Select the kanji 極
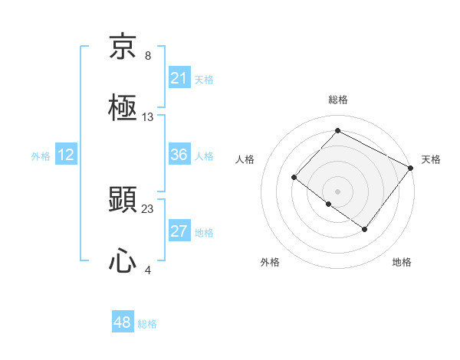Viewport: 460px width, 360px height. click(x=123, y=108)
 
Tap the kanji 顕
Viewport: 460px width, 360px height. click(x=123, y=200)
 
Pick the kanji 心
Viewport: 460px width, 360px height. click(x=123, y=261)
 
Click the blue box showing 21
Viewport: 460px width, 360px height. click(x=179, y=78)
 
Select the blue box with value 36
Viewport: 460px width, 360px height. click(x=179, y=155)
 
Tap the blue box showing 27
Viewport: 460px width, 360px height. click(x=179, y=231)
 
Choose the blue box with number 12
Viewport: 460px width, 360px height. click(x=65, y=155)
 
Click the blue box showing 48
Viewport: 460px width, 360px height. click(x=122, y=322)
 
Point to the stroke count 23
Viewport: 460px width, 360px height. click(x=148, y=208)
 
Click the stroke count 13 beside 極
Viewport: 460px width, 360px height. click(x=148, y=117)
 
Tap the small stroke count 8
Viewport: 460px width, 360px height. click(x=148, y=56)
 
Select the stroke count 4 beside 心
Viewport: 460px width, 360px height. click(x=147, y=270)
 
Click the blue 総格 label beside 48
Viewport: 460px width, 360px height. click(x=147, y=324)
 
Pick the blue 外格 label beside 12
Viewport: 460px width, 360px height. click(x=41, y=155)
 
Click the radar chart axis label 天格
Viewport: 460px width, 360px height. click(x=431, y=159)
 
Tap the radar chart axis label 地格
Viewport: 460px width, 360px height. click(x=402, y=262)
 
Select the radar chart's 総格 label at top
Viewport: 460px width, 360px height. click(x=338, y=100)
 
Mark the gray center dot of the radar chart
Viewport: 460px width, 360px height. click(x=337, y=191)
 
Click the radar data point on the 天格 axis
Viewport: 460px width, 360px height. click(x=410, y=167)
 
